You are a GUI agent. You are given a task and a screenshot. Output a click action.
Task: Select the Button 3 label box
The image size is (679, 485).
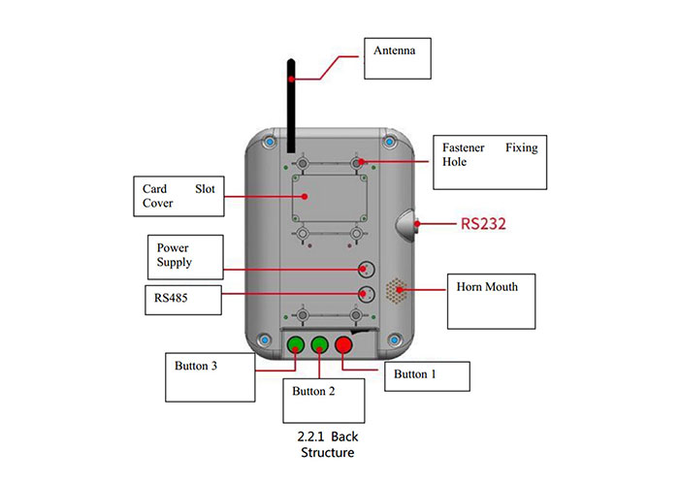[209, 378]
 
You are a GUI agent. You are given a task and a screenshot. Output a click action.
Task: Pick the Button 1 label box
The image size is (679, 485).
[427, 375]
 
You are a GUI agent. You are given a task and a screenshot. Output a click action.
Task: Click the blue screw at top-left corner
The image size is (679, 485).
[266, 144]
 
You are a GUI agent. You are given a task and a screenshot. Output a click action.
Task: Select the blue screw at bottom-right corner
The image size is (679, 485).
[394, 339]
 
